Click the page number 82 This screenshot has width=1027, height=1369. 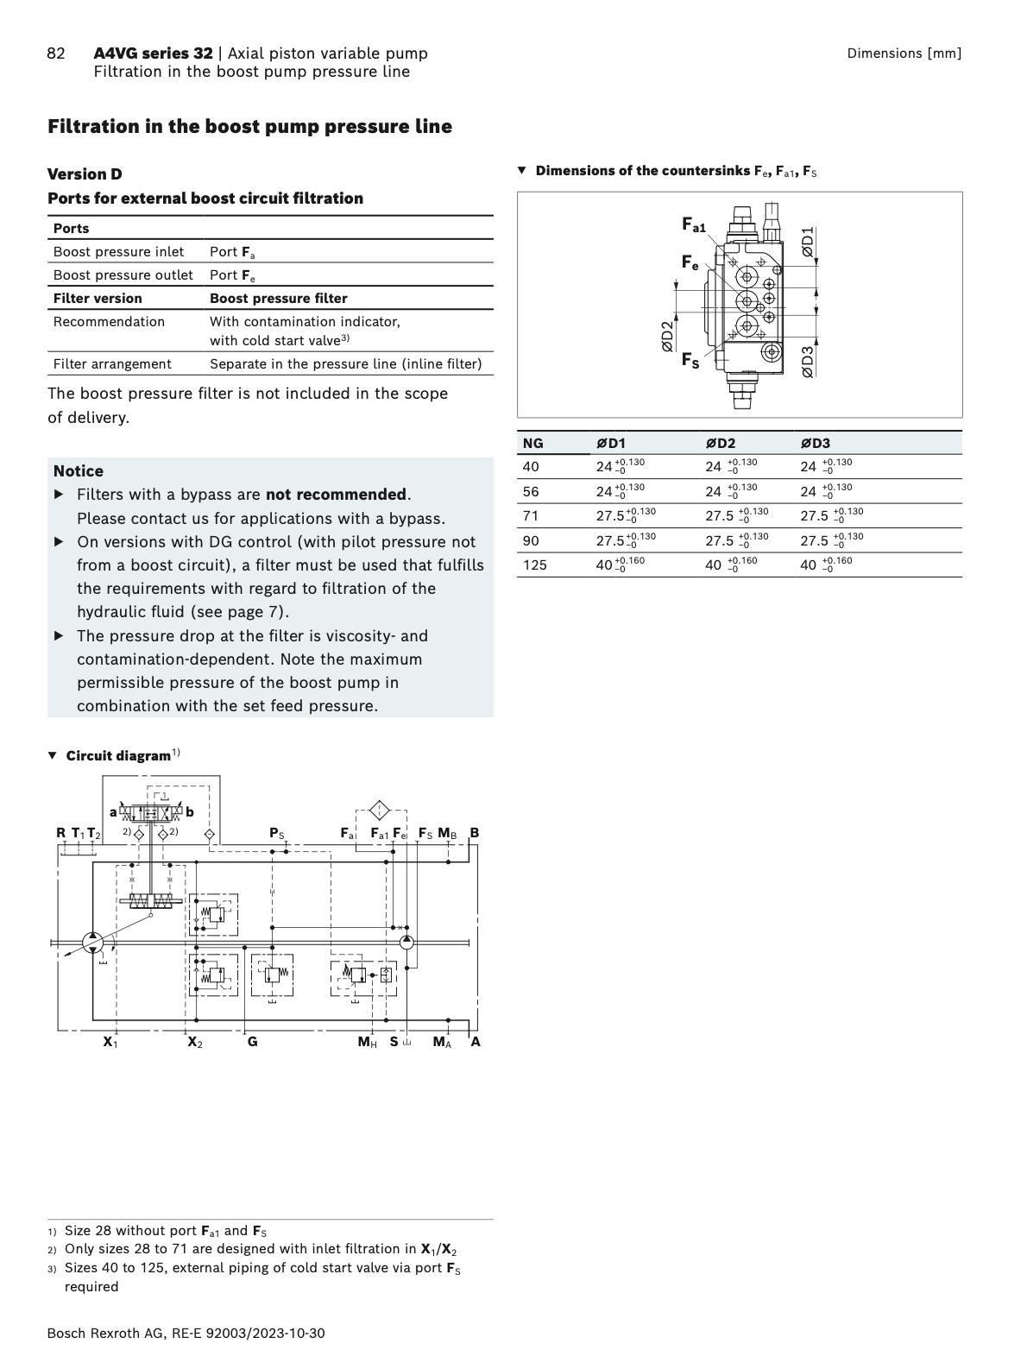55,54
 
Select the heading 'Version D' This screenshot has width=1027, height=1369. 85,174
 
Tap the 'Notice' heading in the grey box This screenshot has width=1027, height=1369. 79,471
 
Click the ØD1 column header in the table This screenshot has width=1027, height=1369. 611,444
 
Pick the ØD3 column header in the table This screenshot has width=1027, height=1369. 815,444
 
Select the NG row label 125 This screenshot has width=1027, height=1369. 534,565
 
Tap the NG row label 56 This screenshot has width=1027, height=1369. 531,492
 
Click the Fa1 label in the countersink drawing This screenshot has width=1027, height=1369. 694,226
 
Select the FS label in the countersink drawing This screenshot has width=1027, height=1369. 690,360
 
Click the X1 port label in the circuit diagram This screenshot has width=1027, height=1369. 110,1042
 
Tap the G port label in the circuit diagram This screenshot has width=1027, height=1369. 252,1042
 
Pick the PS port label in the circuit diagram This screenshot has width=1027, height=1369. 277,833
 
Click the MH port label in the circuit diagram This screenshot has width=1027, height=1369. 368,1042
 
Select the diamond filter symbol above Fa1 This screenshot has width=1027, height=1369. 379,811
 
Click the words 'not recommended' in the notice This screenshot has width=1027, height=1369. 336,495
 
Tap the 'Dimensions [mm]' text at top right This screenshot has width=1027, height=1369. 904,54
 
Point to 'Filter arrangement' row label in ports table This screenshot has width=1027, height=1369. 112,364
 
